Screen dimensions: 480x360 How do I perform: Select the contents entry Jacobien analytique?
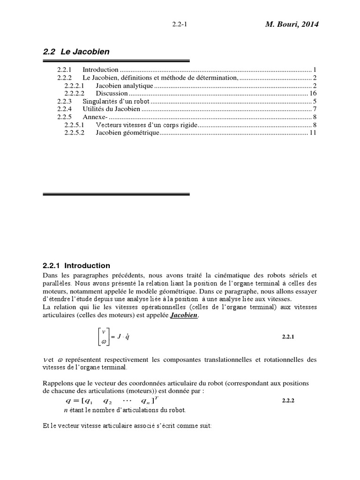tap(124, 85)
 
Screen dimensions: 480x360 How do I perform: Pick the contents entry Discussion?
tap(112, 93)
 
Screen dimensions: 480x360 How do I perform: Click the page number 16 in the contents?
tap(314, 93)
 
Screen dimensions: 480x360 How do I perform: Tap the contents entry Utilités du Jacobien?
tap(111, 109)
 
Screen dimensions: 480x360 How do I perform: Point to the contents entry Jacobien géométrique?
tap(127, 133)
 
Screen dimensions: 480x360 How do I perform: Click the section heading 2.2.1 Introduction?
tap(76, 266)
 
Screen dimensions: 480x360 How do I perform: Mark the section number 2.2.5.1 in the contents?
tap(74, 125)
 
